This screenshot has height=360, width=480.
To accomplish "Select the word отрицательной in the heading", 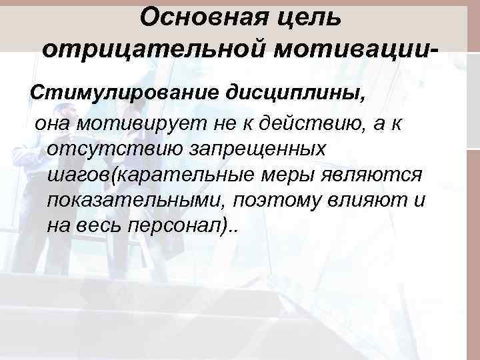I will coord(147,49).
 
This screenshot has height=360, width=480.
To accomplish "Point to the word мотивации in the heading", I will coord(347,49).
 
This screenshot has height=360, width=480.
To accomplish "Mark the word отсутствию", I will coord(113,148).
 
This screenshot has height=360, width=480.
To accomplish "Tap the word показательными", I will coord(126,200).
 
